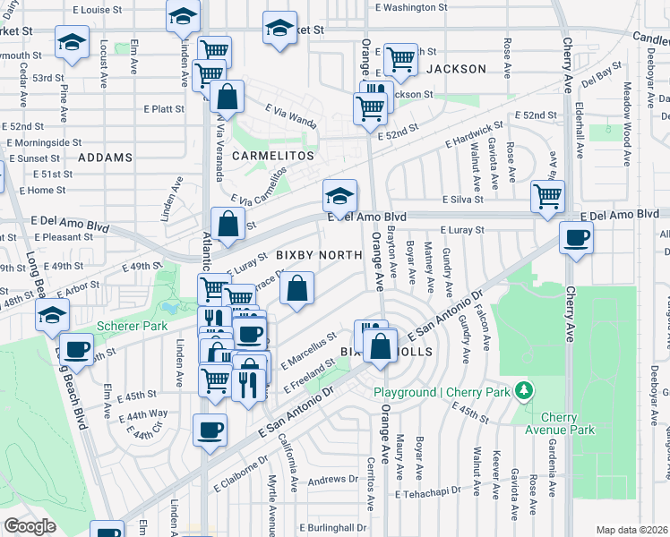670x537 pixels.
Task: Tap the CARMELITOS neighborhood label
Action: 273,156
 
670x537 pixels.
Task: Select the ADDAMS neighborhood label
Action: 106,157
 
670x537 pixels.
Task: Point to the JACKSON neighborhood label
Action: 456,69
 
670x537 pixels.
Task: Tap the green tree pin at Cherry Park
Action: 524,391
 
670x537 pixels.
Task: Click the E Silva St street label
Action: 462,200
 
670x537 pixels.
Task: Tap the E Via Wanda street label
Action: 291,114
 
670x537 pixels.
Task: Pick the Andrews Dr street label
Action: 333,481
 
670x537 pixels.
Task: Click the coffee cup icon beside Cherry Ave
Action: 576,238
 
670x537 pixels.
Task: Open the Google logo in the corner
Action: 30,526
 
